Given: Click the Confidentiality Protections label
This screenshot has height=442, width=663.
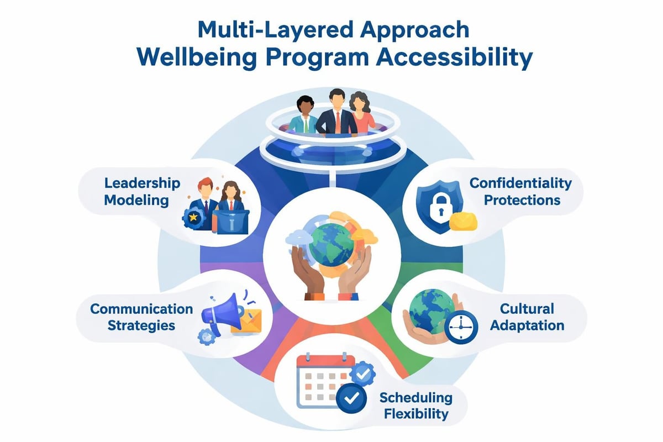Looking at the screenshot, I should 521,191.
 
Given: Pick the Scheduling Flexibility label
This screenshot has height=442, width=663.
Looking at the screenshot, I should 415,406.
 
